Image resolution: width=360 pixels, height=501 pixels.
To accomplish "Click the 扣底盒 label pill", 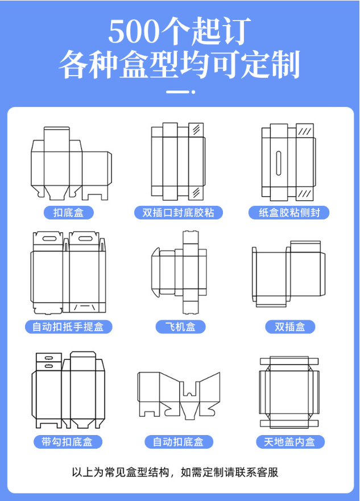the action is coord(69,213).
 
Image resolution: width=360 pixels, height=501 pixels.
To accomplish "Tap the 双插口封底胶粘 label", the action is coord(178,213).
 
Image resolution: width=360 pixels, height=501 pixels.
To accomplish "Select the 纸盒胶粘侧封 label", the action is coord(289,213).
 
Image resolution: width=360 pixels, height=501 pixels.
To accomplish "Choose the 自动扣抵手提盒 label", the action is coord(69,326).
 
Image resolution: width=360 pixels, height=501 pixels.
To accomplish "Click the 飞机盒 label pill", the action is coord(180,326).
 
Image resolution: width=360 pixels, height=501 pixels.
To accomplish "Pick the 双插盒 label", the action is coord(290,326).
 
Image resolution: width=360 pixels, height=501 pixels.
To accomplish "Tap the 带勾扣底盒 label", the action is coord(68,441).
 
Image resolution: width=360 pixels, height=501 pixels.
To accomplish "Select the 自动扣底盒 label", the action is coord(179,441).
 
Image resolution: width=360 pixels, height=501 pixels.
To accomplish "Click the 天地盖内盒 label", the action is coord(290,441).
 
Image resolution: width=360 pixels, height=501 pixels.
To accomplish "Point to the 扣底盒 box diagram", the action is coord(71,164).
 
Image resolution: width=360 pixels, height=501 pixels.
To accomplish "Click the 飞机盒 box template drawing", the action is coord(179,272).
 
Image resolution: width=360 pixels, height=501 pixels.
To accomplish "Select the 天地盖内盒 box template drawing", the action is coord(289,392).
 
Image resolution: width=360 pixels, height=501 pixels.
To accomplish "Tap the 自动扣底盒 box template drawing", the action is coord(179,394).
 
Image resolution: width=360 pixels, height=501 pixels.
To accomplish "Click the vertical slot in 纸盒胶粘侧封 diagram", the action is coord(279,163).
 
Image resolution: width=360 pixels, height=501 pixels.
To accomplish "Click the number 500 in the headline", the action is coord(134,32).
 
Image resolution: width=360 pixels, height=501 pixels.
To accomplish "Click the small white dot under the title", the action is coord(193,92).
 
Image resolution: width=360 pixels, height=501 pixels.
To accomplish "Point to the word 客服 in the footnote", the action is coord(267,472).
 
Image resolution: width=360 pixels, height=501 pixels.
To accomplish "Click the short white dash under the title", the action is coord(177,92).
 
